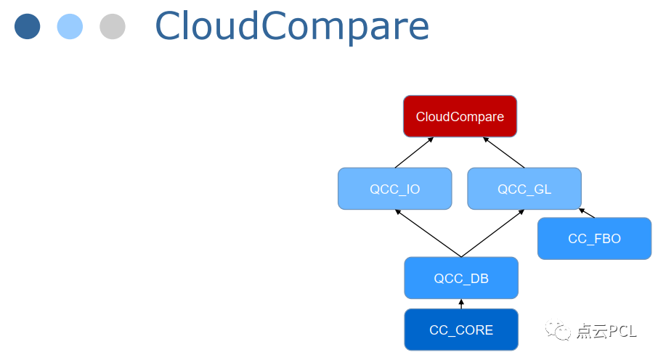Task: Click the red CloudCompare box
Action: coord(460,116)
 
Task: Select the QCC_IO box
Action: coord(394,189)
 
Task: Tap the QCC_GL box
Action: coord(524,189)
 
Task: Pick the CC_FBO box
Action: coord(594,238)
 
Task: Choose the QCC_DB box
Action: coord(461,278)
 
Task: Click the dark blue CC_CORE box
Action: coord(461,330)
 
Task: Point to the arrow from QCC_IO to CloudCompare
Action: coord(414,152)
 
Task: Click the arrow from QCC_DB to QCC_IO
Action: coord(428,233)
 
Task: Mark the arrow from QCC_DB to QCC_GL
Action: coord(493,233)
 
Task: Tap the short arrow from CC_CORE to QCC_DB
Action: coord(461,303)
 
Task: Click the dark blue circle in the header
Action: coord(27,27)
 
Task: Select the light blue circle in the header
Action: coord(70,27)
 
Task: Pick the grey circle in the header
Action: coord(113,27)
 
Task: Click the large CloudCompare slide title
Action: coord(292,27)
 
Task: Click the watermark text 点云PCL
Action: coord(606,332)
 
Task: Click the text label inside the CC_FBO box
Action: coord(594,238)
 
